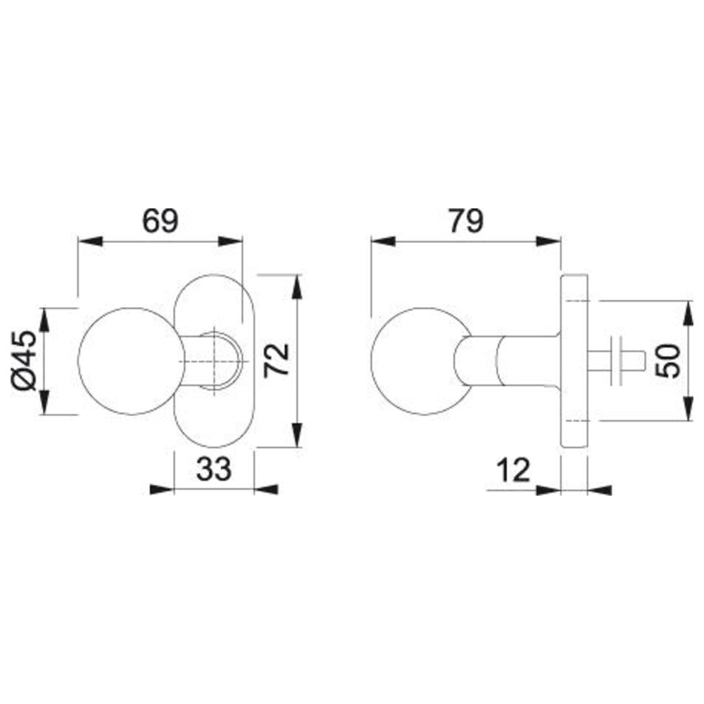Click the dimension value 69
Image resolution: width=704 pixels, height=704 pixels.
[161, 220]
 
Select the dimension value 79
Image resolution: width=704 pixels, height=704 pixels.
[467, 220]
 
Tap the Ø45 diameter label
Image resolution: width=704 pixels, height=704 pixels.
[24, 360]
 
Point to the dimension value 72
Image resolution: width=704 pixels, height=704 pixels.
[276, 361]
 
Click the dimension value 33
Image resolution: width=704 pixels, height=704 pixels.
[214, 469]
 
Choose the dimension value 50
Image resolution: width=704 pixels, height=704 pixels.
[668, 361]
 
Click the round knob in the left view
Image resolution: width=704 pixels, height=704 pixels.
[132, 361]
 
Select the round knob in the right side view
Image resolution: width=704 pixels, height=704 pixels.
[421, 361]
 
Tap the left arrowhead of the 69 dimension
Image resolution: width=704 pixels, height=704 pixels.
[90, 241]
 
